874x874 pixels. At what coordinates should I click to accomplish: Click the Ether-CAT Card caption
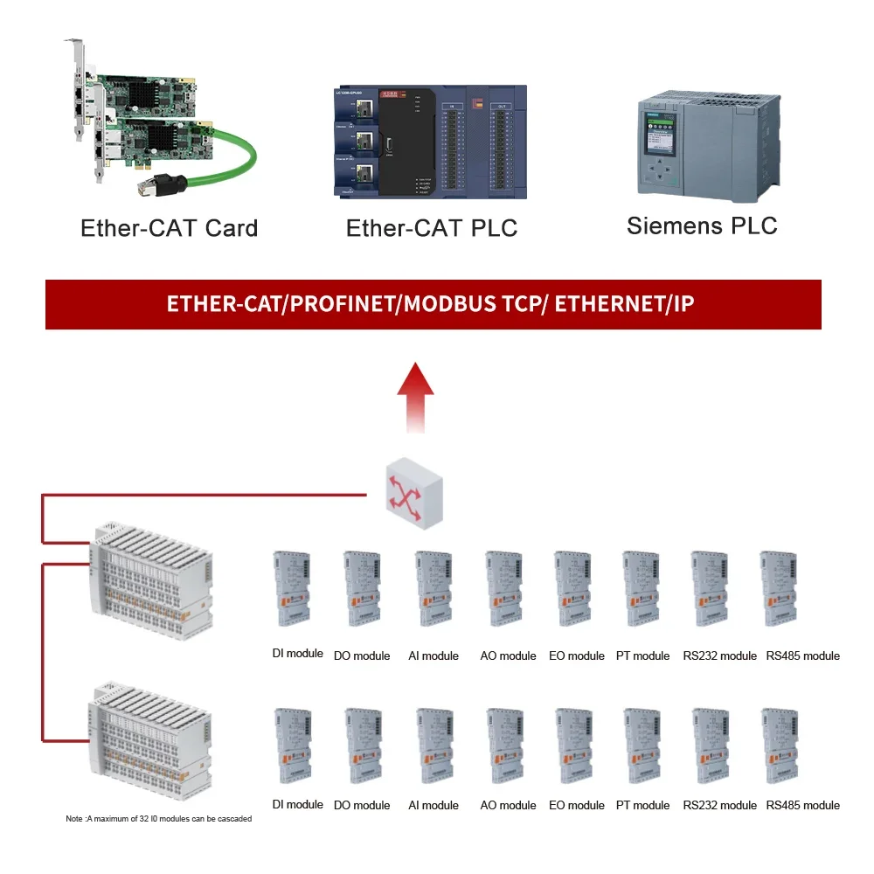169,229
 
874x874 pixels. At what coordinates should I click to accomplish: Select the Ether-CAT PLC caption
432,229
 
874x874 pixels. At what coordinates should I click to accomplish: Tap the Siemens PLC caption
702,225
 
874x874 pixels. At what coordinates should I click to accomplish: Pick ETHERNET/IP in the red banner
624,304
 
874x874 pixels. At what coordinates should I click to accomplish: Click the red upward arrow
416,397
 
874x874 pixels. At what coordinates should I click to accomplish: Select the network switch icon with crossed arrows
416,496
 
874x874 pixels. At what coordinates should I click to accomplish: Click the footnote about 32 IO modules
159,819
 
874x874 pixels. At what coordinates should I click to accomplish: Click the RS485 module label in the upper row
802,655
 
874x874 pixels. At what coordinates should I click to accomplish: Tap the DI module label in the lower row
298,804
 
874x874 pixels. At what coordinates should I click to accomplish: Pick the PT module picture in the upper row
641,588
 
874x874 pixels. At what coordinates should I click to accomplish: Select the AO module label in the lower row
508,805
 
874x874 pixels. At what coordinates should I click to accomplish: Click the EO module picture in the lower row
573,746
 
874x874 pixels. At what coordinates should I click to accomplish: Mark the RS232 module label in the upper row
719,655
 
